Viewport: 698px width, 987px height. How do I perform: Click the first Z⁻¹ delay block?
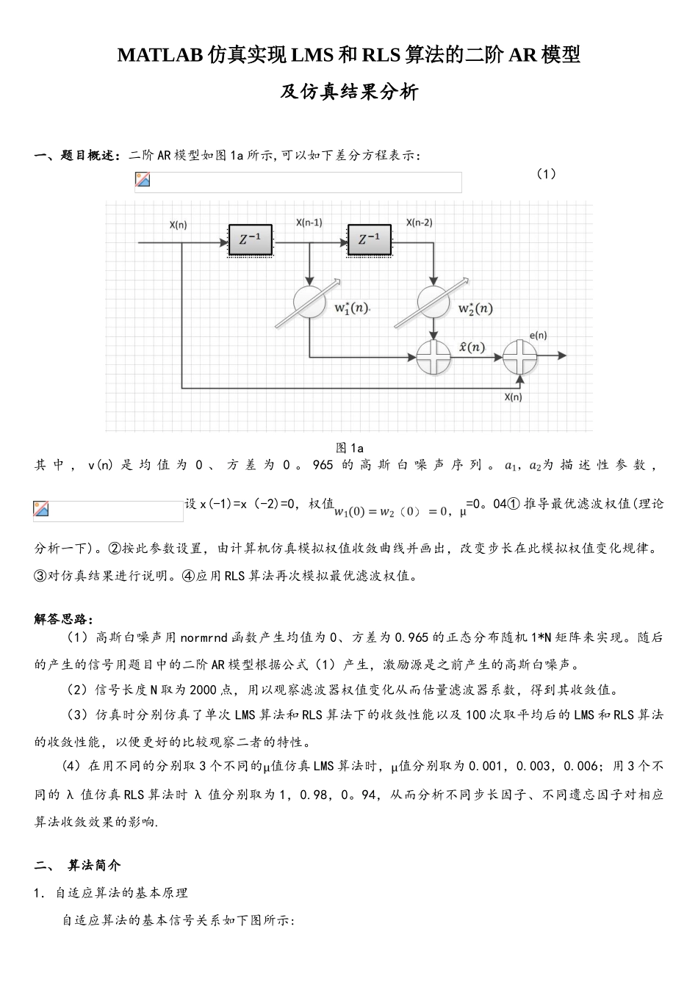(x=250, y=239)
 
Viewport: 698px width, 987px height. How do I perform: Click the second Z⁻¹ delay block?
(x=370, y=239)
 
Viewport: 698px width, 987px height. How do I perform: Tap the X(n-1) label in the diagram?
(x=309, y=223)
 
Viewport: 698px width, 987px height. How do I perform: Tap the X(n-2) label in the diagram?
(x=420, y=223)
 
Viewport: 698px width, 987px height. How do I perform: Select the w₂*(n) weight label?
(x=475, y=308)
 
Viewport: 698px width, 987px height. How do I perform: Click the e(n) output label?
(x=538, y=336)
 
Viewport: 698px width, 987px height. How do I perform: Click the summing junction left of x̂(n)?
(x=433, y=357)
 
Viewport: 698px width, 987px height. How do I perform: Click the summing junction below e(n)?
(x=520, y=357)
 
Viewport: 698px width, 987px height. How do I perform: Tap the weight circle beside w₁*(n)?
(x=309, y=302)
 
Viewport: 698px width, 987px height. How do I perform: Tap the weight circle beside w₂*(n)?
(x=433, y=302)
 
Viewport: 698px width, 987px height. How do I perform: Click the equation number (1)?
(x=545, y=174)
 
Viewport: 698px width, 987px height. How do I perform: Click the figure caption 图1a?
(x=350, y=448)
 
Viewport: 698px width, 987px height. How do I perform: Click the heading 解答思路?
(x=63, y=619)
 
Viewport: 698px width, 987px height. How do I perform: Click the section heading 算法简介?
(x=94, y=866)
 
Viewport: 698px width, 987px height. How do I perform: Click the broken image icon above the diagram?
(x=143, y=180)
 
